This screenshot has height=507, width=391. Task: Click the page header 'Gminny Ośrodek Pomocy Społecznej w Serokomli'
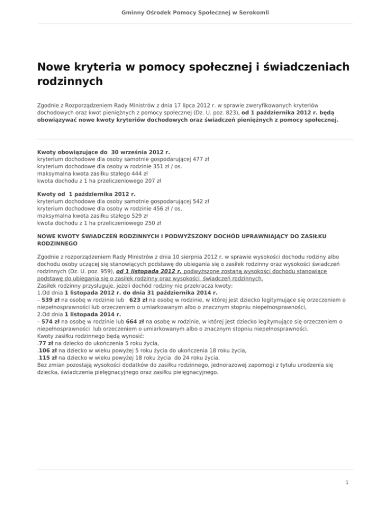[x=195, y=11]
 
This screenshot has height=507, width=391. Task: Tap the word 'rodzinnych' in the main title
[x=70, y=81]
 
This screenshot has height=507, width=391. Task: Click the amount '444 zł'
[x=121, y=173]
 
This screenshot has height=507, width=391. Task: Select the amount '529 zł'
[x=121, y=216]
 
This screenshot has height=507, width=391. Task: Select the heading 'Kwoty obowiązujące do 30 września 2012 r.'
[x=104, y=152]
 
